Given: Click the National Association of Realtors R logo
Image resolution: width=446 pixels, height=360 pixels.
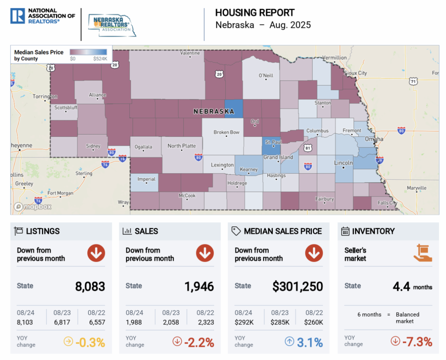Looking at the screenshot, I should click(17, 16).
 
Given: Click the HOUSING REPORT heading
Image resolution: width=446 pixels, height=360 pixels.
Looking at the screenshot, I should click(255, 13).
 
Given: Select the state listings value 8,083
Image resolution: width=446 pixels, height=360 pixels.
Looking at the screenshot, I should click(90, 286).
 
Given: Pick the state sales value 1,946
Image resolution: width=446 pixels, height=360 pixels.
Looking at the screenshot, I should click(199, 286).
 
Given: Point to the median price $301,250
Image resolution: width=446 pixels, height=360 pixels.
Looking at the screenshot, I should click(297, 286).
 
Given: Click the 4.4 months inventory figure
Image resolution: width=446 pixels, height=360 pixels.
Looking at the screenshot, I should click(401, 286).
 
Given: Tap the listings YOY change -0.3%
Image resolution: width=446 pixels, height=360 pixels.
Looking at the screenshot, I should click(90, 342).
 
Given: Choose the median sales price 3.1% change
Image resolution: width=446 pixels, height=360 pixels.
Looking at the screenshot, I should click(310, 342).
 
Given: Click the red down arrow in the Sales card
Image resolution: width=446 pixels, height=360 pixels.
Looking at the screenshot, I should click(205, 254).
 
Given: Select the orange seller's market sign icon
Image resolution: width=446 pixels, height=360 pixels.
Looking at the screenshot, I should click(423, 253).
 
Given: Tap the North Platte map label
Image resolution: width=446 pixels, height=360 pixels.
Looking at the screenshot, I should click(181, 146).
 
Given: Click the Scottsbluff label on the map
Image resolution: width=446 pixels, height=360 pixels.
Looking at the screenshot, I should click(65, 108).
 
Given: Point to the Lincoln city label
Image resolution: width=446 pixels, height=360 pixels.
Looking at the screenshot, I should click(343, 163).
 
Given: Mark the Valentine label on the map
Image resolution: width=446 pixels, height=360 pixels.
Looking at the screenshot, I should click(190, 53).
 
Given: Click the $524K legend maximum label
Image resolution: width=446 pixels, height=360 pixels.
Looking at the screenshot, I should click(100, 59).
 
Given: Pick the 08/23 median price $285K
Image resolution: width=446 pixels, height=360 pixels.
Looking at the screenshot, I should click(280, 322).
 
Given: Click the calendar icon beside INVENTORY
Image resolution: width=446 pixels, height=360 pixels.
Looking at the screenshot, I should click(345, 231).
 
